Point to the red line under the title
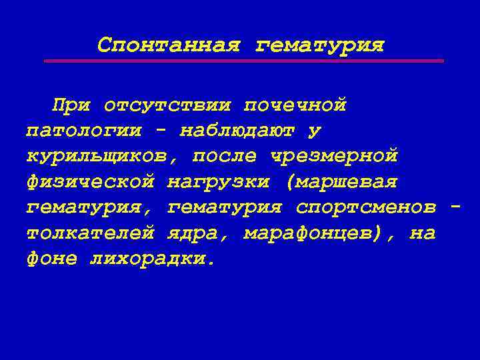pyautogui.click(x=243, y=61)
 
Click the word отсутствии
pyautogui.click(x=167, y=106)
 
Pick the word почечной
pyautogui.click(x=295, y=106)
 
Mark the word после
pyautogui.click(x=225, y=157)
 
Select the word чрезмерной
pyautogui.click(x=334, y=157)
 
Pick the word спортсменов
pyautogui.click(x=367, y=207)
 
